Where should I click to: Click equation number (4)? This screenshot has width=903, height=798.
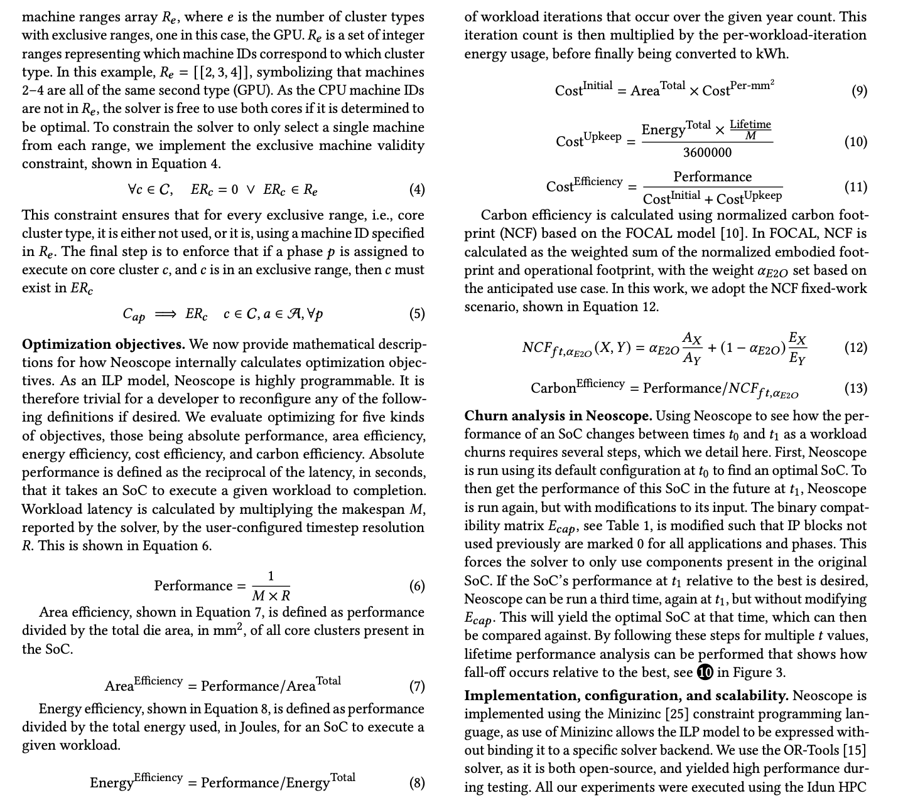pyautogui.click(x=416, y=189)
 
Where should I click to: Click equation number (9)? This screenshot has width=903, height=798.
pyautogui.click(x=859, y=91)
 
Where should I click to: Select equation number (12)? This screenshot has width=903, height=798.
pyautogui.click(x=856, y=348)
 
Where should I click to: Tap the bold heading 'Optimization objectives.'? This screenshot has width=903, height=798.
pyautogui.click(x=103, y=344)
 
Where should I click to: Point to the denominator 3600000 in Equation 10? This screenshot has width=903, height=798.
pyautogui.click(x=707, y=152)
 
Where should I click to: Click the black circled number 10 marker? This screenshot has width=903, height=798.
pyautogui.click(x=705, y=673)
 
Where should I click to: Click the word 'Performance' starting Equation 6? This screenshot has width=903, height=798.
pyautogui.click(x=193, y=586)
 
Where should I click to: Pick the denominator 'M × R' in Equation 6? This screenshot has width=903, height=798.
pyautogui.click(x=271, y=595)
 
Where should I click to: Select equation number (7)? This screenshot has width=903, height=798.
pyautogui.click(x=416, y=687)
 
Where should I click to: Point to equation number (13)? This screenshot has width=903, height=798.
pyautogui.click(x=856, y=388)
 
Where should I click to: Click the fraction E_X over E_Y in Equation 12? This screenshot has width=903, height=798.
pyautogui.click(x=797, y=348)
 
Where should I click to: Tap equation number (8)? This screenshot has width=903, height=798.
pyautogui.click(x=416, y=783)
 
